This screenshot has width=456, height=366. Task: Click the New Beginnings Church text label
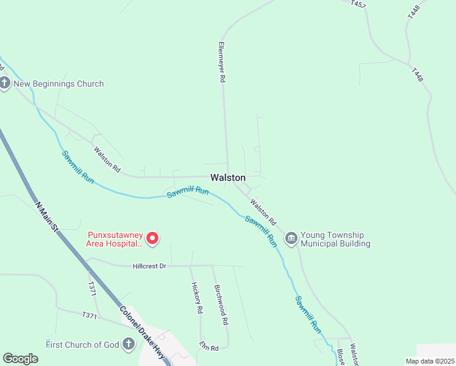tap(60, 84)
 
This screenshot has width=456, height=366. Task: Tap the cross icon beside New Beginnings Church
tap(5, 84)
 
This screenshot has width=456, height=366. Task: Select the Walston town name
tap(228, 178)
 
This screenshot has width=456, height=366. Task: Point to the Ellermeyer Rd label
tap(223, 62)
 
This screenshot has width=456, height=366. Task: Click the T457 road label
tap(358, 4)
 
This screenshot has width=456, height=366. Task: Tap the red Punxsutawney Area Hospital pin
tap(153, 238)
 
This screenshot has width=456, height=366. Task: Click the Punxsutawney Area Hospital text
tap(115, 238)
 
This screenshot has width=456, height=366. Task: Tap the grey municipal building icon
tap(291, 238)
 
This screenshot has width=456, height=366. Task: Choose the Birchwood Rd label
tap(221, 304)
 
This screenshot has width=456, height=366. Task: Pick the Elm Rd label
tap(208, 346)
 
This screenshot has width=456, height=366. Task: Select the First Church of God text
tap(82, 345)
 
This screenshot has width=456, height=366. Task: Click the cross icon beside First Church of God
tap(129, 345)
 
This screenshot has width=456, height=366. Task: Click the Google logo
tap(21, 359)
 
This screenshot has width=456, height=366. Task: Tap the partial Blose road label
tap(341, 357)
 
